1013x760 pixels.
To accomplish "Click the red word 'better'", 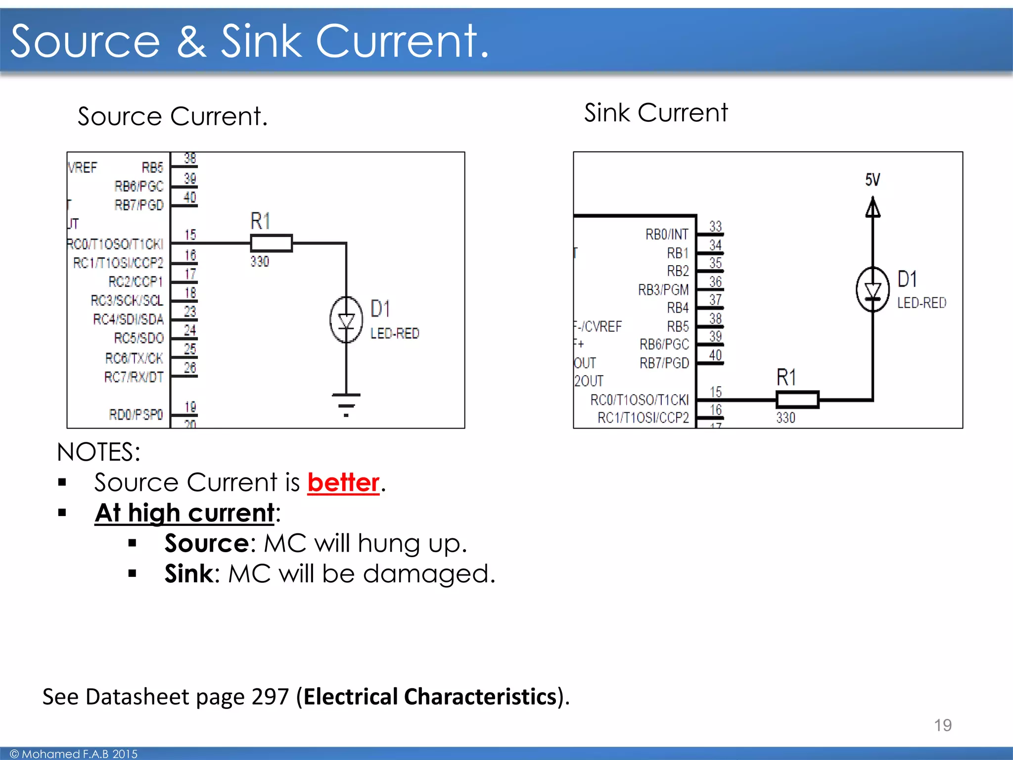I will pyautogui.click(x=343, y=482).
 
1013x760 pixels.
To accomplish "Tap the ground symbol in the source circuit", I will pyautogui.click(x=346, y=404).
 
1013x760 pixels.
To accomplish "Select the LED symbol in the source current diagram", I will pyautogui.click(x=346, y=320).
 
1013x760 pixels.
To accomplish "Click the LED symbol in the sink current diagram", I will pyautogui.click(x=873, y=289).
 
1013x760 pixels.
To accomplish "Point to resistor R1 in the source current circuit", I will pyautogui.click(x=271, y=243).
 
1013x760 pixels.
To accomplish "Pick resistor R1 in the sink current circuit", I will pyautogui.click(x=797, y=399).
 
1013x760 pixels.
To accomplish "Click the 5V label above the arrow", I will pyautogui.click(x=873, y=180).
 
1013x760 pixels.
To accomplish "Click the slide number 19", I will pyautogui.click(x=942, y=725).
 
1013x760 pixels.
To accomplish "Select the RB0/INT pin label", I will pyautogui.click(x=666, y=234).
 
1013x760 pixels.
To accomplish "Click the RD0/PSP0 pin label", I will pyautogui.click(x=136, y=414).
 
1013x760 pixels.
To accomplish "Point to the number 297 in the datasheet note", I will pyautogui.click(x=270, y=697).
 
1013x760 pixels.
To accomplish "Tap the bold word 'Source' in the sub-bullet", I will pyautogui.click(x=206, y=543).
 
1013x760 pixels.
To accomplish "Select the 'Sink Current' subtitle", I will pyautogui.click(x=656, y=113).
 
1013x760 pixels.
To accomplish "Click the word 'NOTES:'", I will pyautogui.click(x=98, y=452).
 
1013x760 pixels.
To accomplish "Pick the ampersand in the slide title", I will pyautogui.click(x=191, y=42).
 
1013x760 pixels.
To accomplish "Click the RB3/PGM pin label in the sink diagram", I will pyautogui.click(x=663, y=289).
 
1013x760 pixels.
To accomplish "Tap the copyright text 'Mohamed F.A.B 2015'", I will pyautogui.click(x=79, y=754).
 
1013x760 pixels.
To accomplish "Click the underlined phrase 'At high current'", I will pyautogui.click(x=184, y=513).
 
